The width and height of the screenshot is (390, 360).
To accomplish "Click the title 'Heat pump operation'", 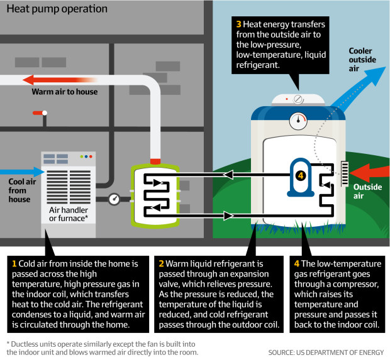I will [x=57, y=9].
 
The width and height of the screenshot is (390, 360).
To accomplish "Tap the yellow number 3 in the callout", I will [x=240, y=25].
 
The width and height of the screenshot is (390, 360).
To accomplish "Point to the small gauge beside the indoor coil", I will [x=114, y=199].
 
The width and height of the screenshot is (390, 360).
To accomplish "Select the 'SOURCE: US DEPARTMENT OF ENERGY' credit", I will [x=325, y=352].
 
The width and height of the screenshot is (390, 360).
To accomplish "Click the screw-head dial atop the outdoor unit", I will [x=298, y=99].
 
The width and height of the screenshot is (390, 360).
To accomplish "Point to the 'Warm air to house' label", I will [x=65, y=92].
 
